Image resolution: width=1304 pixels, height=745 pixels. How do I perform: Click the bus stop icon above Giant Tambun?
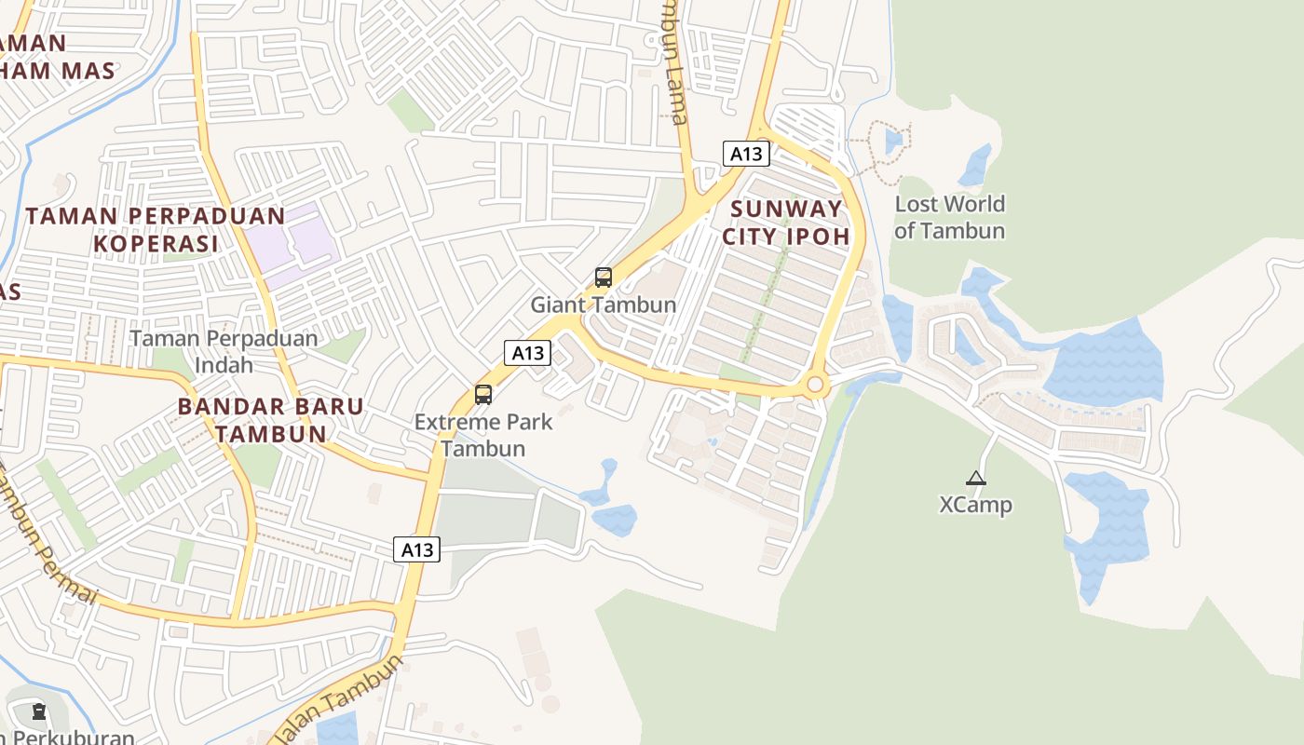point(604,277)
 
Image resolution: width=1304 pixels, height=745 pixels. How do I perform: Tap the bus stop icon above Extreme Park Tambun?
point(482,394)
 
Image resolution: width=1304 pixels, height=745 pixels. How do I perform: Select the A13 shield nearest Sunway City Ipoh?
point(746,155)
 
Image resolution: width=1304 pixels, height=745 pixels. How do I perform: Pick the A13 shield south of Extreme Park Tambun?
point(416,549)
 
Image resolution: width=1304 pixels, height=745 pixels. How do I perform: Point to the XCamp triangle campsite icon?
point(975,479)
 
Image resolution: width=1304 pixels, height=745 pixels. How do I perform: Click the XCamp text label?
point(975,505)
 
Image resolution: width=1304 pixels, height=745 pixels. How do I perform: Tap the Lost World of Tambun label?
point(949,217)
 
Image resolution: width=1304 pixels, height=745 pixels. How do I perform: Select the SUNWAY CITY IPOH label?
point(785,222)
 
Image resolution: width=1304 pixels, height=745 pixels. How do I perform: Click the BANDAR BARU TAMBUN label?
point(270,420)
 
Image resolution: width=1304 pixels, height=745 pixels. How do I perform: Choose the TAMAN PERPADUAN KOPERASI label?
point(155,229)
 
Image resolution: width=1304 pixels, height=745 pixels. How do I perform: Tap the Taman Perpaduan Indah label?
point(224,351)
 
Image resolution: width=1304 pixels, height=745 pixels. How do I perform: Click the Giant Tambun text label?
point(604,305)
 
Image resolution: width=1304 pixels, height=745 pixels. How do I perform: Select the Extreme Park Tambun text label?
point(482,435)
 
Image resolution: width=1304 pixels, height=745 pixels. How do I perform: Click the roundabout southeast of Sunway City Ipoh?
point(816,384)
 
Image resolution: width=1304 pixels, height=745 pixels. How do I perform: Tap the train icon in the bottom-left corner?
point(38,711)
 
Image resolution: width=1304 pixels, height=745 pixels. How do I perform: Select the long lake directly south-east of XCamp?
point(1107,531)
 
